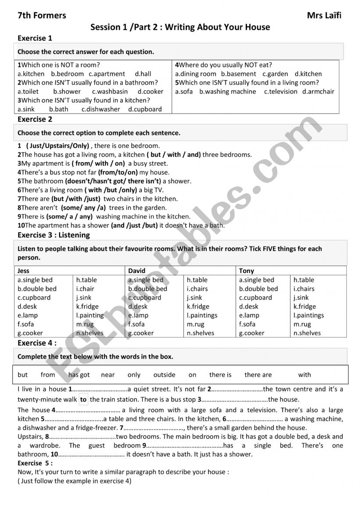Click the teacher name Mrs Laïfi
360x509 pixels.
[324, 16]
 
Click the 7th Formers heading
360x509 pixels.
[42, 16]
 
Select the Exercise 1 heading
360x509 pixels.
[35, 38]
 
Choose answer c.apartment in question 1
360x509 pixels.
[107, 74]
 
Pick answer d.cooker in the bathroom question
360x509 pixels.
[150, 92]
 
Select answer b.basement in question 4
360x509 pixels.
[239, 74]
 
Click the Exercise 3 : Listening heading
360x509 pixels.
[53, 235]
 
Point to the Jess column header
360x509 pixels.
[24, 271]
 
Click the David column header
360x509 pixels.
[137, 271]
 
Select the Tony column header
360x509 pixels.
[246, 271]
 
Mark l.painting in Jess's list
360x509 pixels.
[90, 315]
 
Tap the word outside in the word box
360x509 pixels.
[164, 375]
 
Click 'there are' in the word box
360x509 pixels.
[258, 375]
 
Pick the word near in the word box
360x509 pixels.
[107, 375]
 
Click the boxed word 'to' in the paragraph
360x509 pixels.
[83, 400]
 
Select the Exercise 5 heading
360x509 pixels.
[35, 463]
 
